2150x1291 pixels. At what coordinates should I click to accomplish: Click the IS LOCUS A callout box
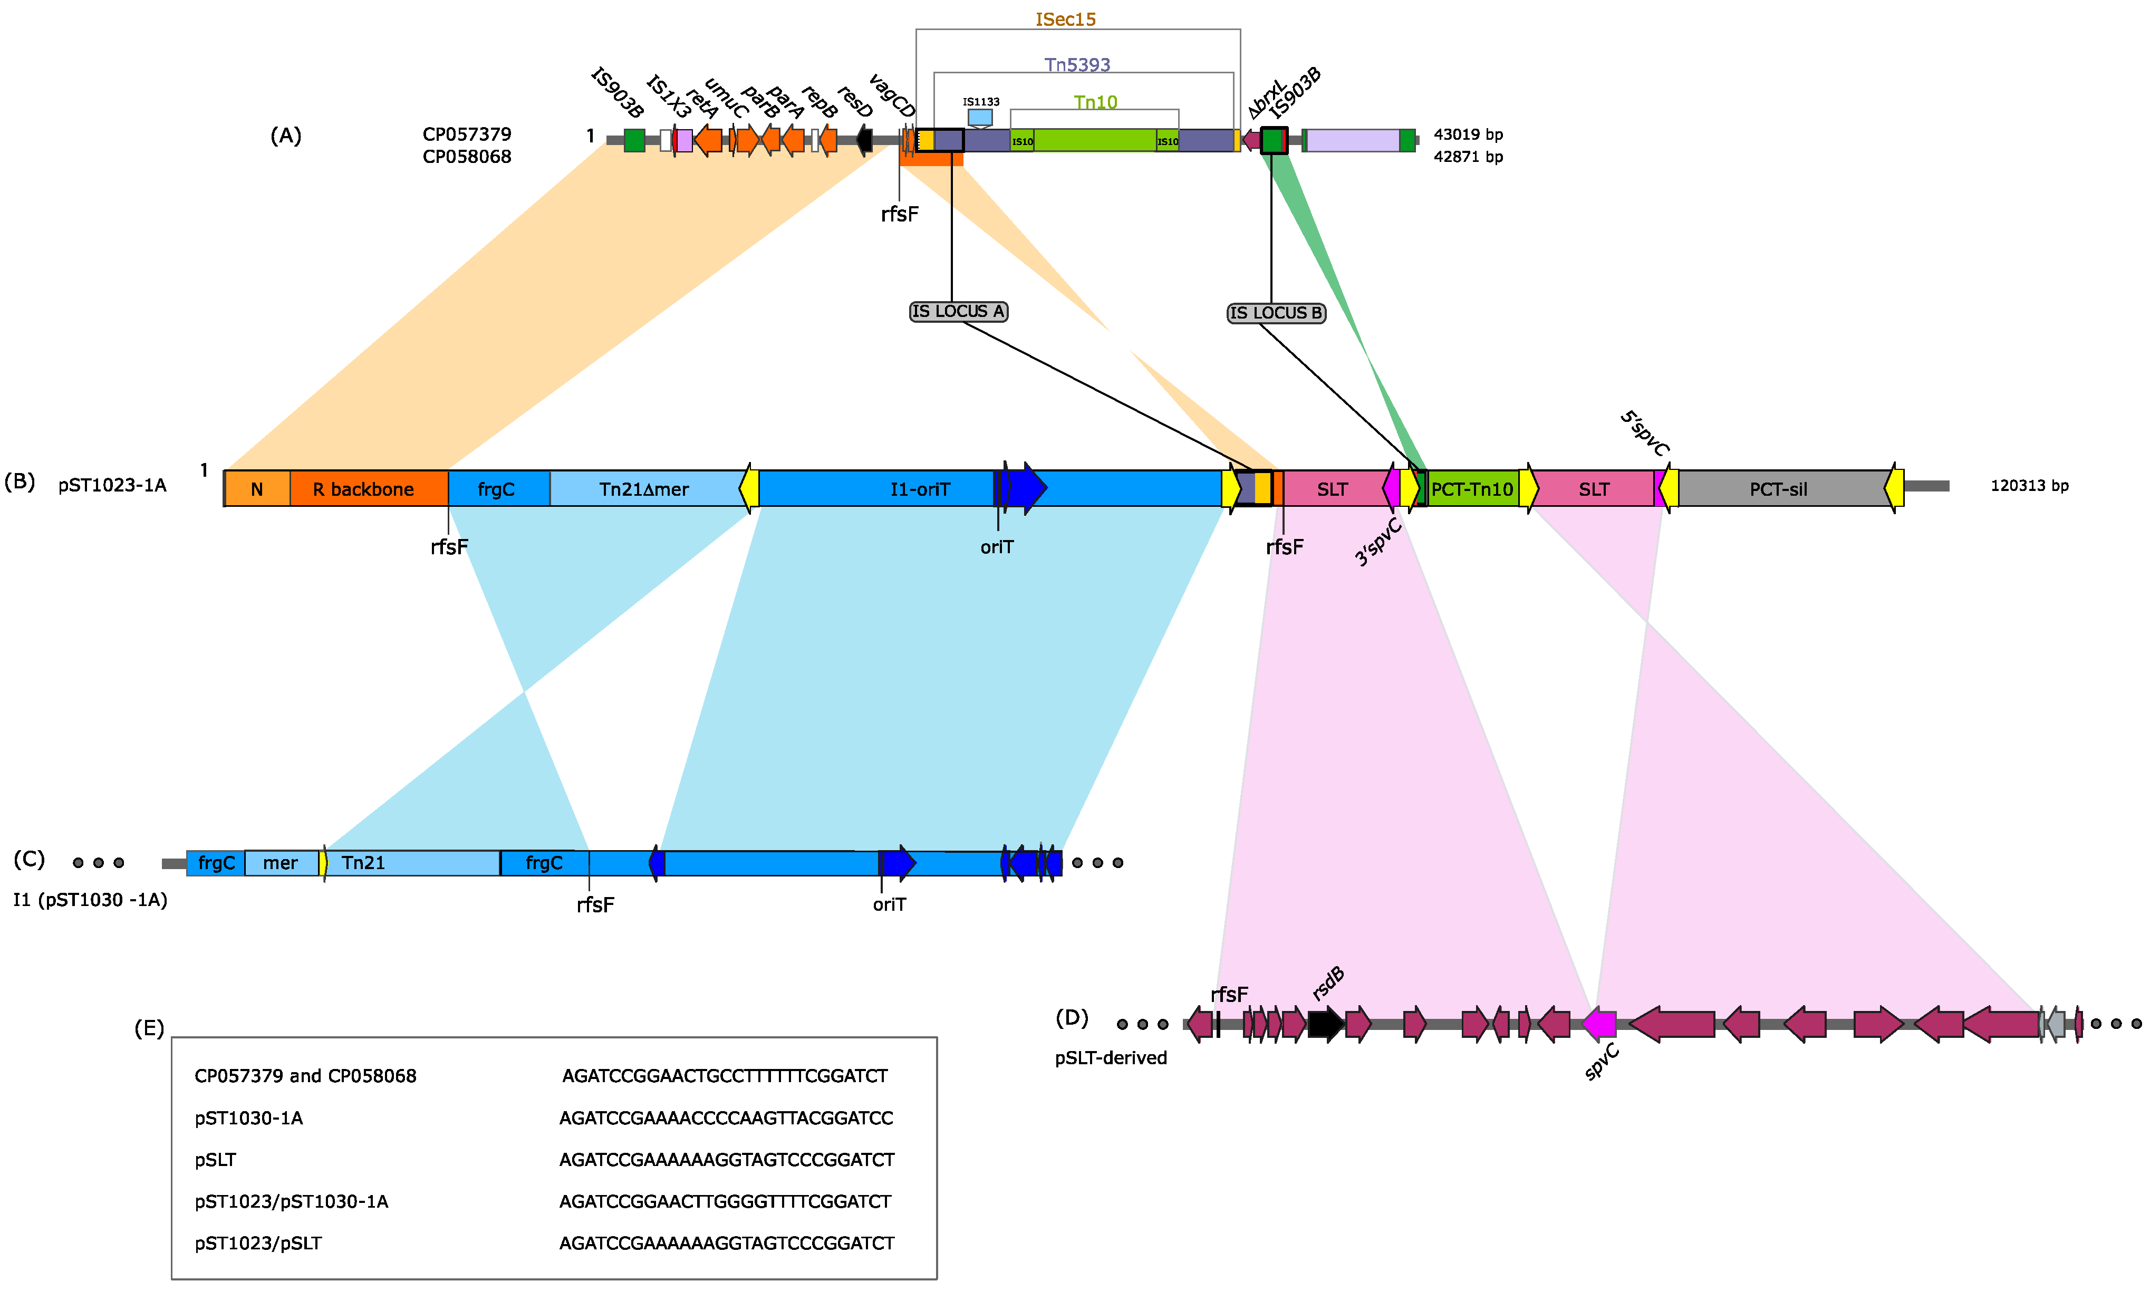tap(958, 312)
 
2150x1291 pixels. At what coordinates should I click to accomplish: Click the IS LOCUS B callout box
tap(1276, 313)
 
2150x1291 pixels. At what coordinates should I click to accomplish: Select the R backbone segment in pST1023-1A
tap(369, 489)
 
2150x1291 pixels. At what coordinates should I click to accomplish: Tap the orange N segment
tap(257, 489)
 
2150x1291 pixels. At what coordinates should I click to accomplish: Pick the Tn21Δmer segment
tap(643, 489)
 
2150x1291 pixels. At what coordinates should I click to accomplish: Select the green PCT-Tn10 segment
tap(1472, 489)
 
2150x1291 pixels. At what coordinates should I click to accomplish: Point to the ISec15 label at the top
tap(1065, 19)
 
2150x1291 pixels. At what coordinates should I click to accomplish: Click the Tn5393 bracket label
tap(1077, 64)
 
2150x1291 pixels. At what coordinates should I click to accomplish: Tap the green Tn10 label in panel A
tap(1095, 103)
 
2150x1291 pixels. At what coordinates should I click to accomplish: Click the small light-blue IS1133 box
tap(980, 117)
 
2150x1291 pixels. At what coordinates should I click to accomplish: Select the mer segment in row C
tap(280, 863)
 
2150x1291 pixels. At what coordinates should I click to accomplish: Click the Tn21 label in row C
tap(363, 863)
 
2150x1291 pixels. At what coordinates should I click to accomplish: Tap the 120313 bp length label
tap(2029, 485)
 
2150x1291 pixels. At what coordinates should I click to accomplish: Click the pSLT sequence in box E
tap(726, 1160)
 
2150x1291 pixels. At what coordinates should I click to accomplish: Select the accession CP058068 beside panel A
tap(467, 157)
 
